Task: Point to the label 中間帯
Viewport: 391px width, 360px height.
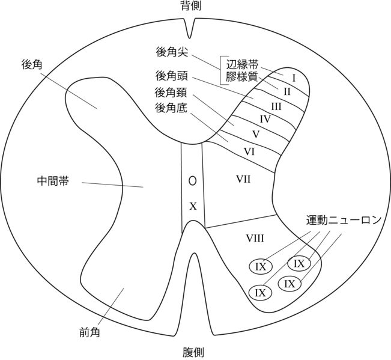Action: tap(53, 180)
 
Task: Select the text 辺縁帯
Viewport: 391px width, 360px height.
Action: tap(243, 64)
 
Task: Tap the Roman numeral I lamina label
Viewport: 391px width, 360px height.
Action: tap(294, 78)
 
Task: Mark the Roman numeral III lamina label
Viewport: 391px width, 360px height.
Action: tap(276, 106)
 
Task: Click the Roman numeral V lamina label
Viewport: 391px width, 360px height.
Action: tap(255, 133)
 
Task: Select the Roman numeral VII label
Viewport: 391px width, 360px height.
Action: tap(243, 178)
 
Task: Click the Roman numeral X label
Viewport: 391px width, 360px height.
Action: tap(193, 206)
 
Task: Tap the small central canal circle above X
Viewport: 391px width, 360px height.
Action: tap(192, 180)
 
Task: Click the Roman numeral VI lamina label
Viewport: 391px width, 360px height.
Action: tap(250, 151)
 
